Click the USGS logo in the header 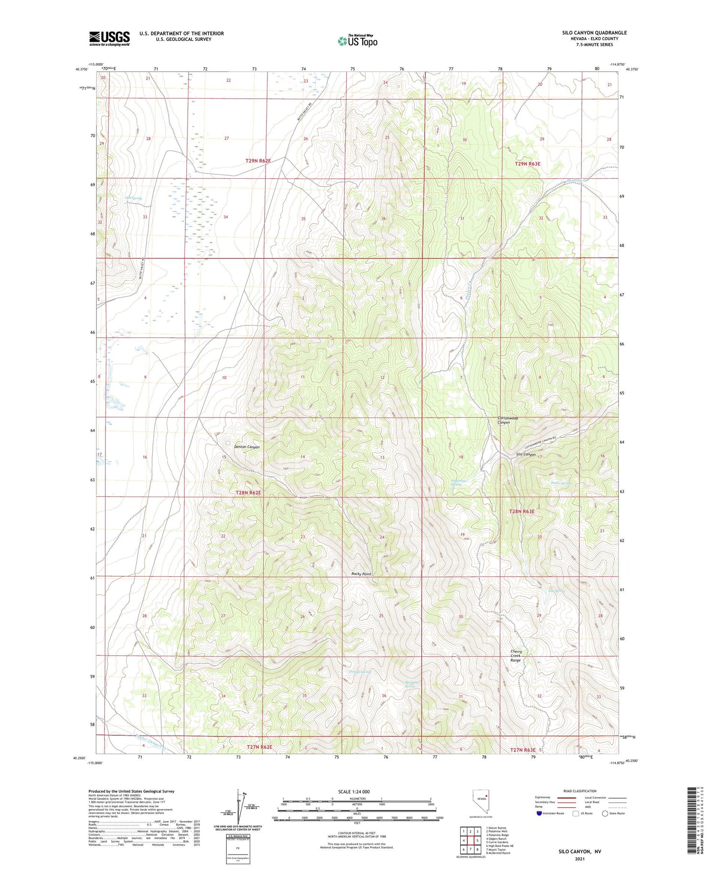click(109, 38)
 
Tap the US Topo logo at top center click(357, 41)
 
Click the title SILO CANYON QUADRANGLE click(594, 33)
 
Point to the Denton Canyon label click(246, 447)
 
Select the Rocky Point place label click(361, 574)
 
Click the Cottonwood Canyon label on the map click(508, 420)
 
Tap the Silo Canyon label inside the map click(526, 454)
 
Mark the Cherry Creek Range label click(516, 656)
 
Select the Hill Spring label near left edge click(134, 198)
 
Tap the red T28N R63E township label click(522, 511)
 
